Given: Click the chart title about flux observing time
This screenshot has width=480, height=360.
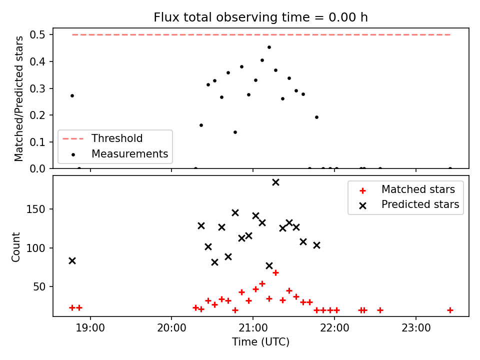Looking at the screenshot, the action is pyautogui.click(x=260, y=17).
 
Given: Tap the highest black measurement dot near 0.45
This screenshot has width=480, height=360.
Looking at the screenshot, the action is pyautogui.click(x=269, y=47).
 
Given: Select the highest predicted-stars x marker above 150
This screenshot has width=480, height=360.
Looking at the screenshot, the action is pyautogui.click(x=275, y=182).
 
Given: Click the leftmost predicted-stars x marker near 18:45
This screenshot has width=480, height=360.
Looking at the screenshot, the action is pyautogui.click(x=72, y=261).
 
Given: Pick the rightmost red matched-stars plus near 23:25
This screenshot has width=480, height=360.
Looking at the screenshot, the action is pyautogui.click(x=450, y=310).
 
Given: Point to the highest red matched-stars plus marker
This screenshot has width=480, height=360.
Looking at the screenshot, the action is pyautogui.click(x=275, y=273).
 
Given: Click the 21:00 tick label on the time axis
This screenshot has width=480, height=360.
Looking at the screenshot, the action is pyautogui.click(x=253, y=328).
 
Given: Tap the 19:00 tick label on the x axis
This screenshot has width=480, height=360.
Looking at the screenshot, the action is pyautogui.click(x=90, y=328).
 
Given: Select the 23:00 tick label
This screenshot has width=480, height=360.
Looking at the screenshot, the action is pyautogui.click(x=416, y=328).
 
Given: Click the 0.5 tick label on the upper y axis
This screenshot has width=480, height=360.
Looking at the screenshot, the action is pyautogui.click(x=37, y=35).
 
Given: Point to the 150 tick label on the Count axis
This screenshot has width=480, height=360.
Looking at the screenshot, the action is pyautogui.click(x=35, y=209).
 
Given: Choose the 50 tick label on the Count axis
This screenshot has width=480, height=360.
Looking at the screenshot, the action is pyautogui.click(x=39, y=287).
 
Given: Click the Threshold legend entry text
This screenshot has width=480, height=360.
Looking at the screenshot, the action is pyautogui.click(x=117, y=138).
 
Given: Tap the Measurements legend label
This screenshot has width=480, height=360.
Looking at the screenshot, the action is pyautogui.click(x=130, y=153).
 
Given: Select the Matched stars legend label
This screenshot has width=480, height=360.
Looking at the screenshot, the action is pyautogui.click(x=418, y=189).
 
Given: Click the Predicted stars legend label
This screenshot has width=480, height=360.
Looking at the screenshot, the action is pyautogui.click(x=420, y=204).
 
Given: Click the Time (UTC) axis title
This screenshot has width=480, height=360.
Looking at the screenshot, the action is pyautogui.click(x=260, y=342).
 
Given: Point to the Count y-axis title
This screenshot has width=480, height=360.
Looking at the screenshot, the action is pyautogui.click(x=15, y=247).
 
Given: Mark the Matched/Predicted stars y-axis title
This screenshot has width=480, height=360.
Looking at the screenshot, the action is pyautogui.click(x=18, y=98).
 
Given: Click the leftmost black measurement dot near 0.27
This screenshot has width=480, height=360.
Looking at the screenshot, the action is pyautogui.click(x=72, y=96).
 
